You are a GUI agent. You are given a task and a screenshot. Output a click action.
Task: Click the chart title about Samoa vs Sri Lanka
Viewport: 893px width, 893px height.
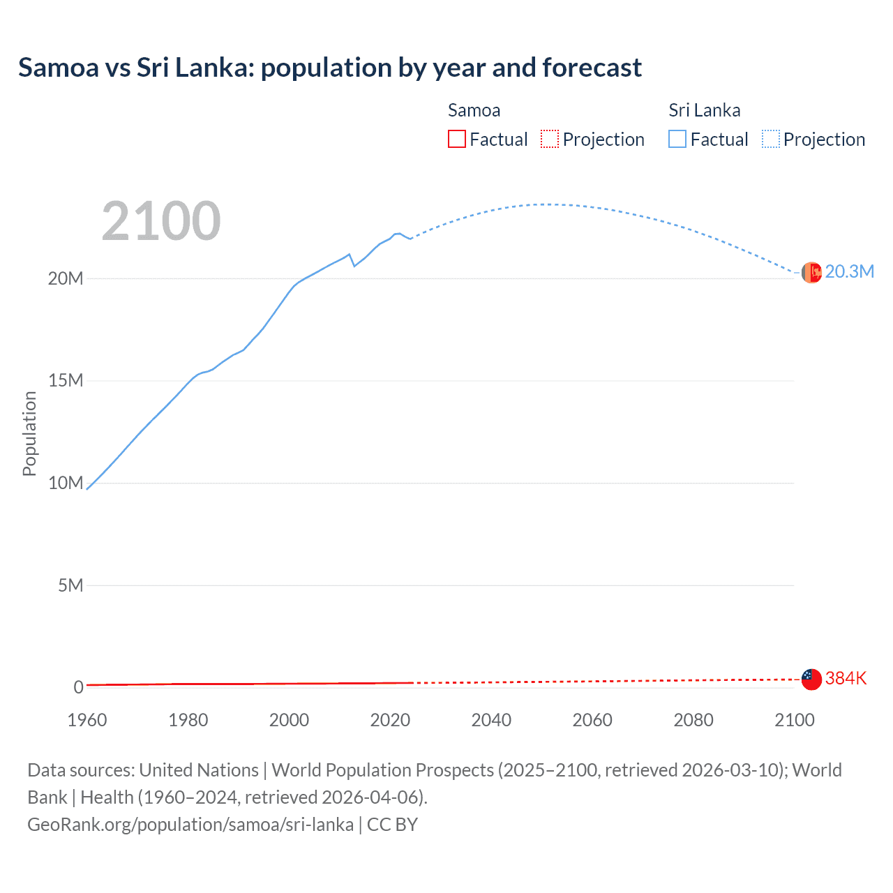tap(329, 68)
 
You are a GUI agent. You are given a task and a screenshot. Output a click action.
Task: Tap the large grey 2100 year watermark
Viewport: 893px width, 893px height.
tap(161, 221)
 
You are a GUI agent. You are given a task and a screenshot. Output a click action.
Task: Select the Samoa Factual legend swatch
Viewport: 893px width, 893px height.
tap(456, 140)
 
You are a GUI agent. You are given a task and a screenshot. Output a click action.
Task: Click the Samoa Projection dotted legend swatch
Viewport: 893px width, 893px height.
tap(550, 140)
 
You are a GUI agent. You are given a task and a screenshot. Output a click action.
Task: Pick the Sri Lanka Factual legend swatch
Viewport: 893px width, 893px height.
tap(677, 140)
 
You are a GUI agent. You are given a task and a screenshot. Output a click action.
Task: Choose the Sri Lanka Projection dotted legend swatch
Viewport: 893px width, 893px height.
tap(770, 140)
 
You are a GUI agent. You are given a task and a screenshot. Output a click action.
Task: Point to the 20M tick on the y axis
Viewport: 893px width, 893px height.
tap(66, 278)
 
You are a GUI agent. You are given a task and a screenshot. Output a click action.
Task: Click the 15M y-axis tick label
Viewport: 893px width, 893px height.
tap(66, 380)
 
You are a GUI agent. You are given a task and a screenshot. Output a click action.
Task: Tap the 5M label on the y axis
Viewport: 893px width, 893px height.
tap(70, 585)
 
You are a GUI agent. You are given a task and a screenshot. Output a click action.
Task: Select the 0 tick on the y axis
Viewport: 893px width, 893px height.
tap(78, 687)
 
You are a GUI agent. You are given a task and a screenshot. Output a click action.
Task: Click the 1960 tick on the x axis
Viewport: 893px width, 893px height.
tap(87, 720)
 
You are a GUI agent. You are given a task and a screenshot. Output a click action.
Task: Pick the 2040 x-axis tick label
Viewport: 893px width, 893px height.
tap(491, 720)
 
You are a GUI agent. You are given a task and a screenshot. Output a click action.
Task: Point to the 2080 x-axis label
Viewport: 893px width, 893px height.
tap(693, 720)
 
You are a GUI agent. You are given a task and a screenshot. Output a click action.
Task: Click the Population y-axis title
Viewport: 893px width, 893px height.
tap(29, 433)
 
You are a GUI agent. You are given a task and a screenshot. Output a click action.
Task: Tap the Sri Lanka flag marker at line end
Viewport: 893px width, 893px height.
tap(811, 273)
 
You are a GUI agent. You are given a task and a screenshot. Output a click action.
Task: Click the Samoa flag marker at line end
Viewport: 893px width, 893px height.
tap(811, 679)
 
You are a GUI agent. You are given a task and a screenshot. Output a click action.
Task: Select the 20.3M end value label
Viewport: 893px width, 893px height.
tap(849, 272)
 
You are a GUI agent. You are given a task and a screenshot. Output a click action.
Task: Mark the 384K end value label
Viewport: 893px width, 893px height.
tap(846, 678)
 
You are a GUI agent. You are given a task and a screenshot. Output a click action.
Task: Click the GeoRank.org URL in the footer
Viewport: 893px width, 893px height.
tap(190, 825)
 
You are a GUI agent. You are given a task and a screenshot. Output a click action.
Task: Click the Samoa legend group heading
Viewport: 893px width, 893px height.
tap(474, 110)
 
